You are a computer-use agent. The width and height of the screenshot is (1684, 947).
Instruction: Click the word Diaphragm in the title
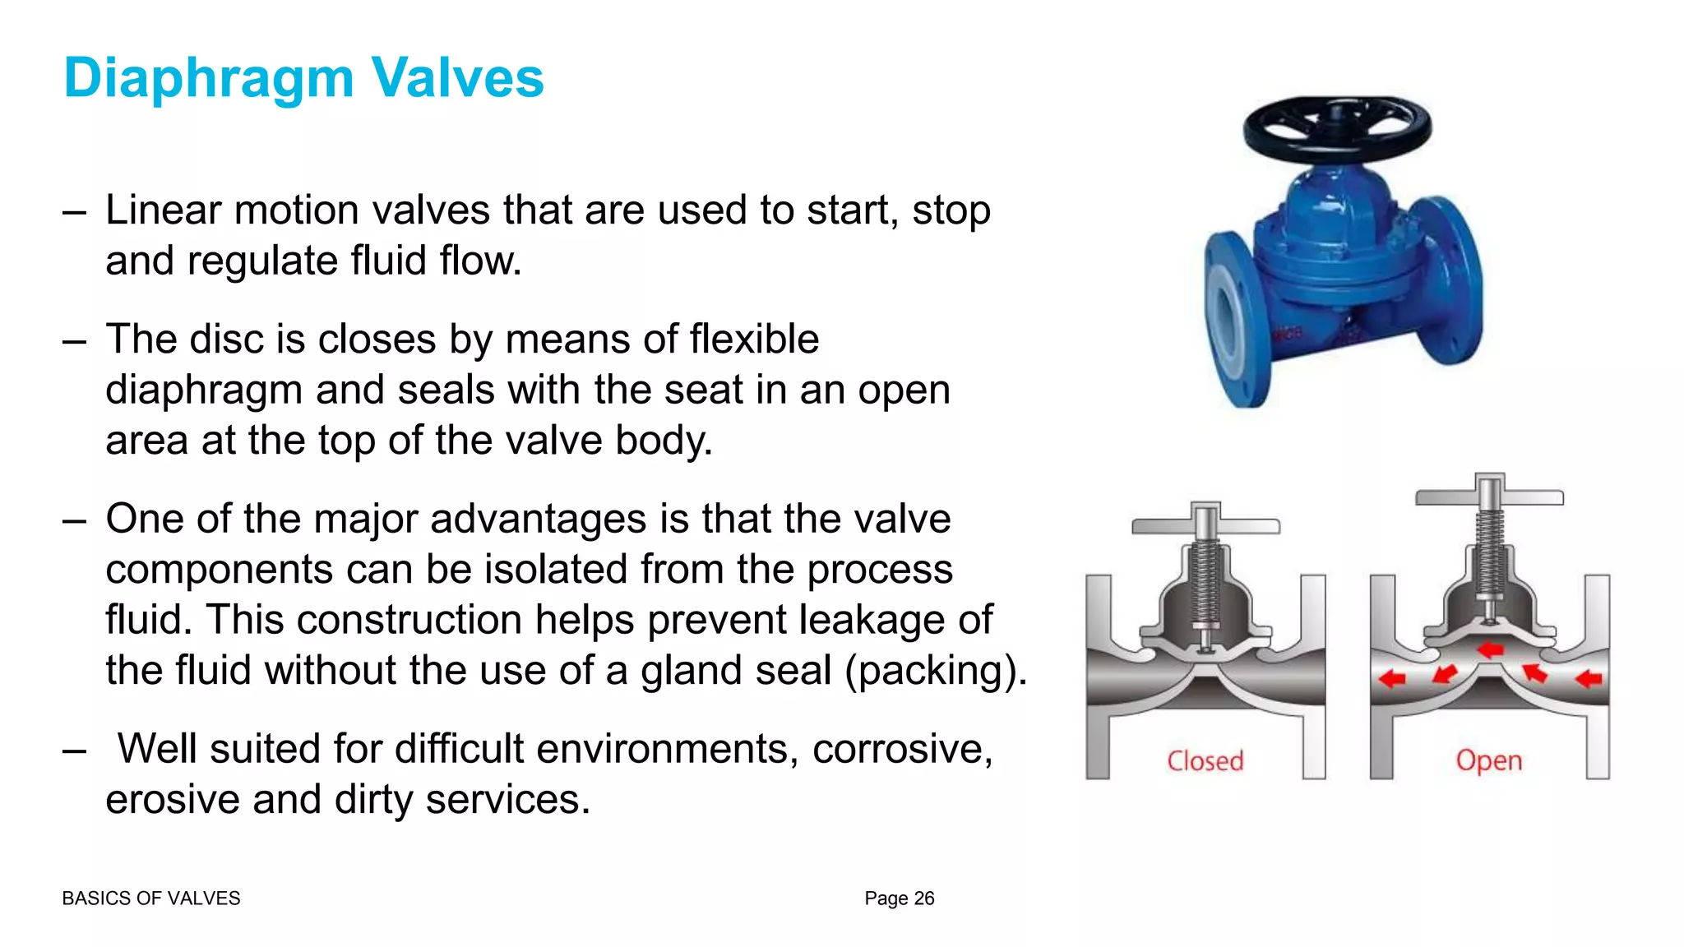[209, 79]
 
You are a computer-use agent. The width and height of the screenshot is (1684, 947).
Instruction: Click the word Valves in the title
[457, 79]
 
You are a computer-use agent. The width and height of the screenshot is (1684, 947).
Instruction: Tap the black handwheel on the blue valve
[1337, 128]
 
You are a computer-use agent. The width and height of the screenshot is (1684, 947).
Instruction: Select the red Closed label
[1205, 761]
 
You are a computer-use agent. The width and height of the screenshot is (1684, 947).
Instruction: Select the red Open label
[1488, 761]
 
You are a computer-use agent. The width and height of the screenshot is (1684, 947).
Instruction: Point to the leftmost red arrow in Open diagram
[1391, 679]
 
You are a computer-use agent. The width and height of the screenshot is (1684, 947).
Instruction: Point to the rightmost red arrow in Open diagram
[1589, 679]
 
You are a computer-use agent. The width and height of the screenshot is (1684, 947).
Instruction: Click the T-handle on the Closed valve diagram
[1205, 525]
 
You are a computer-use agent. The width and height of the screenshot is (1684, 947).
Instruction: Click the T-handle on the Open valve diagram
[1489, 497]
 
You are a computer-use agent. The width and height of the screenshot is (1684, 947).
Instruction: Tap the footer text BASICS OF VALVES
[151, 898]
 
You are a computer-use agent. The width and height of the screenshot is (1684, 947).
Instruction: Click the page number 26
[924, 898]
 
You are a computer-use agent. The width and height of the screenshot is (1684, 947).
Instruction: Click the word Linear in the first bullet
[164, 210]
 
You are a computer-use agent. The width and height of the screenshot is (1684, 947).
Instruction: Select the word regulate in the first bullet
[262, 261]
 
